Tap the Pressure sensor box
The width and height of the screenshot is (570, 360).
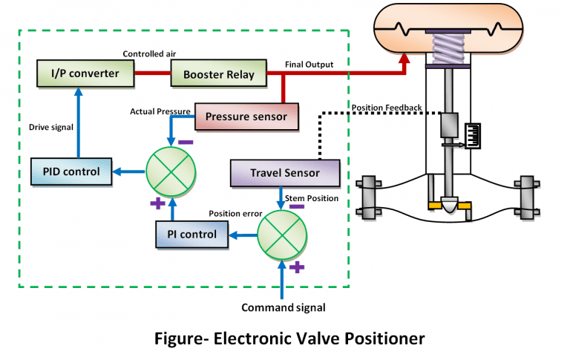(x=246, y=116)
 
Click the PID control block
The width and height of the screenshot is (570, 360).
(x=71, y=171)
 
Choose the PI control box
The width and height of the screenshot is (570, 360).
(x=191, y=235)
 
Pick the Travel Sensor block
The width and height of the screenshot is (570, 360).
(x=285, y=173)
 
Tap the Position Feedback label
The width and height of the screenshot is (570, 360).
(x=386, y=108)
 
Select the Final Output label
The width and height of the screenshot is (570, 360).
(x=309, y=65)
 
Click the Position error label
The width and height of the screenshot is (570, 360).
(x=233, y=214)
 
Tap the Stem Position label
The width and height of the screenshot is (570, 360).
(x=320, y=198)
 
